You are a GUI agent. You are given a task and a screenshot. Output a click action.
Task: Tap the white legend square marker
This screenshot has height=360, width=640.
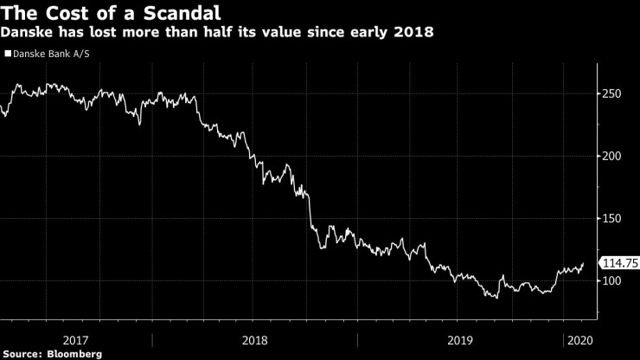tap(8, 54)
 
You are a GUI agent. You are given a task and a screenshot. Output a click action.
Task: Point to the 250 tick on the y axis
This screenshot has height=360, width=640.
tap(612, 93)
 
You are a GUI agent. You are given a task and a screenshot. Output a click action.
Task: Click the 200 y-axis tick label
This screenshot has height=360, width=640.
tap(612, 156)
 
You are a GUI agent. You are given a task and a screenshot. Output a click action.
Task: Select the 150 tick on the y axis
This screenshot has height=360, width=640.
tap(612, 218)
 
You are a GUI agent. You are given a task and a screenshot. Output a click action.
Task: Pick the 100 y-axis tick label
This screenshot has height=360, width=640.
tap(612, 281)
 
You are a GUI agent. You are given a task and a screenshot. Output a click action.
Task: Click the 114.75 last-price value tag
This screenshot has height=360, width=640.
tap(620, 263)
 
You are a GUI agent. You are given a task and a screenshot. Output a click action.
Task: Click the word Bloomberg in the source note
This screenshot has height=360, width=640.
tap(74, 354)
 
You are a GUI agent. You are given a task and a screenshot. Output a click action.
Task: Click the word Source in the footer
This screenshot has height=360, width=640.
tap(22, 354)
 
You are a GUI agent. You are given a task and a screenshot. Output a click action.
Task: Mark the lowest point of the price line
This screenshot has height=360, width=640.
tap(495, 298)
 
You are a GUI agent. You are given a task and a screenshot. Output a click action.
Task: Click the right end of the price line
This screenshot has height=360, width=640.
tap(584, 263)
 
